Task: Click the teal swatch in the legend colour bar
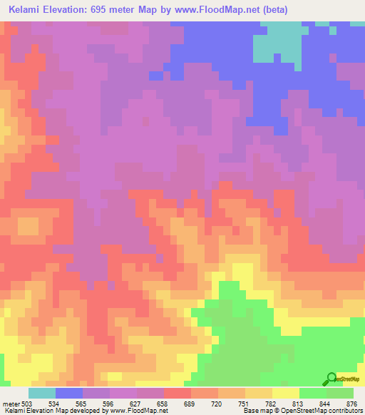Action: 42,393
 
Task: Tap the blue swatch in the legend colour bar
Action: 69,393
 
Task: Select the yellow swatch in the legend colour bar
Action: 285,393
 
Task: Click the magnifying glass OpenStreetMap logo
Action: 331,379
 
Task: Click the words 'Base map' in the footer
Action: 255,410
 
